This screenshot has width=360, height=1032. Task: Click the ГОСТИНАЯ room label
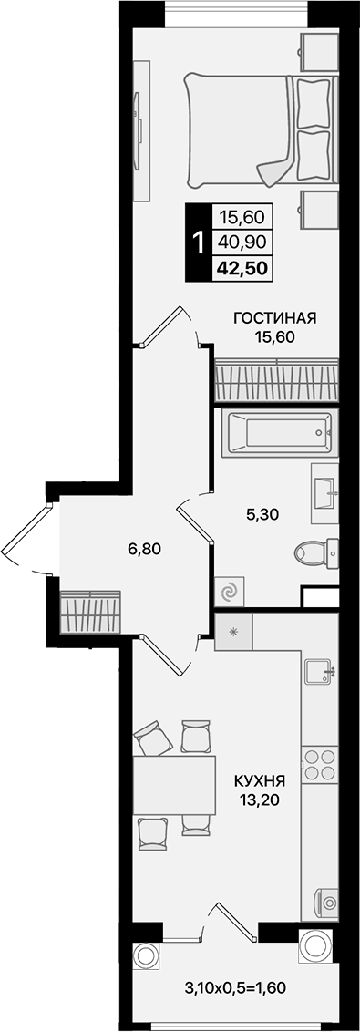(x=274, y=318)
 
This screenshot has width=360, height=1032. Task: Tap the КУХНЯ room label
(x=260, y=781)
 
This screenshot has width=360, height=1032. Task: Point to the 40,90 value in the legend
(x=241, y=243)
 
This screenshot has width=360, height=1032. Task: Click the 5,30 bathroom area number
(x=262, y=513)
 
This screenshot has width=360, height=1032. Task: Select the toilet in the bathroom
(x=315, y=553)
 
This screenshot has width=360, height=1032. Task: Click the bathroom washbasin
(x=325, y=492)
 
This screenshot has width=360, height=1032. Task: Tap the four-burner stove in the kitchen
(x=319, y=764)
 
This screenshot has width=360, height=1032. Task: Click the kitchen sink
(x=318, y=673)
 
